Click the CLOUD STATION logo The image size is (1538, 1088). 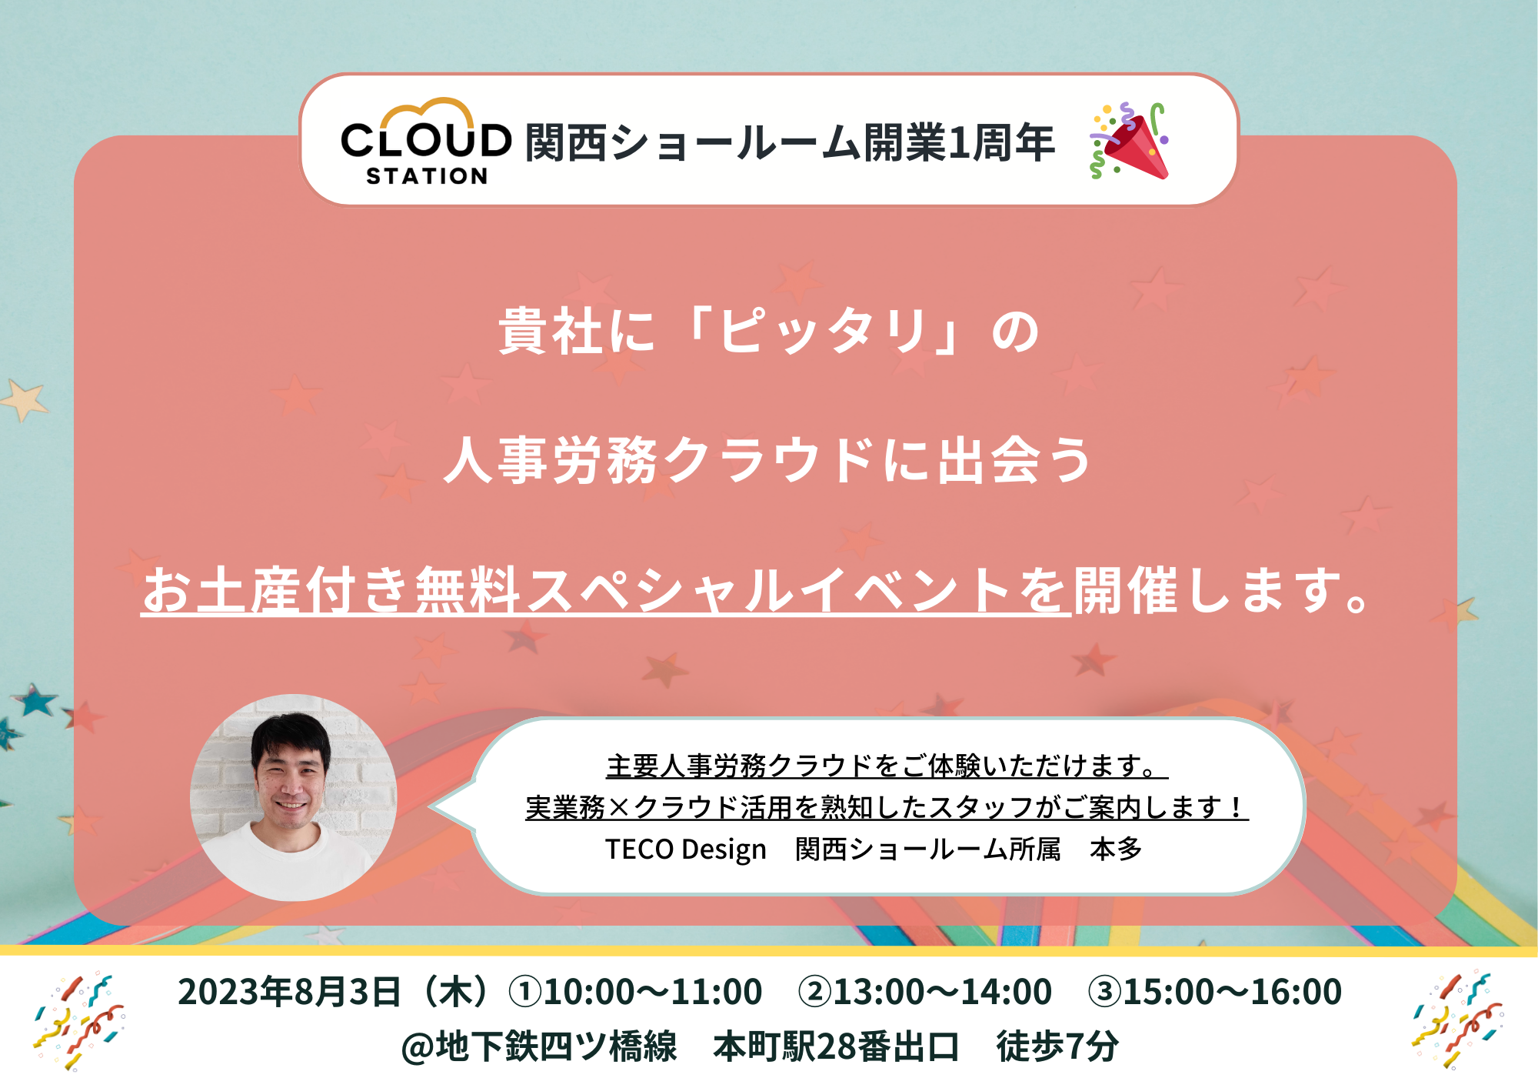click(x=426, y=142)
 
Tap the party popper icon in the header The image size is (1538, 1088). click(x=1129, y=141)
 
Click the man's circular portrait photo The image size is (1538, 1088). click(x=294, y=798)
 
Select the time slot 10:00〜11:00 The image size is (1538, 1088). click(x=653, y=992)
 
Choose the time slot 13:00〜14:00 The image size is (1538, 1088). click(x=943, y=992)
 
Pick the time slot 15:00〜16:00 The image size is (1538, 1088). click(x=1233, y=992)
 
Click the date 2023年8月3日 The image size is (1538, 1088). click(x=289, y=992)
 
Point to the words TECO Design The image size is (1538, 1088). click(x=686, y=849)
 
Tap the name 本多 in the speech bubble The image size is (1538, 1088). click(x=1116, y=849)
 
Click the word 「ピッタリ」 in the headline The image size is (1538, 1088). click(x=824, y=332)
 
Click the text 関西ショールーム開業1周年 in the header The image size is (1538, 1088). click(x=790, y=142)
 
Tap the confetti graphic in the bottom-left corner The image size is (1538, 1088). click(x=79, y=1021)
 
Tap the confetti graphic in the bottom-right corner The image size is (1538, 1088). click(x=1457, y=1021)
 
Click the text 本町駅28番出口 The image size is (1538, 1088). click(x=836, y=1046)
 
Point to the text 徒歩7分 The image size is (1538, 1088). click(x=1057, y=1046)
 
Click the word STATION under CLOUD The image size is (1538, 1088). click(x=427, y=176)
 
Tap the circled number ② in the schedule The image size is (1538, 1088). click(x=815, y=992)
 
